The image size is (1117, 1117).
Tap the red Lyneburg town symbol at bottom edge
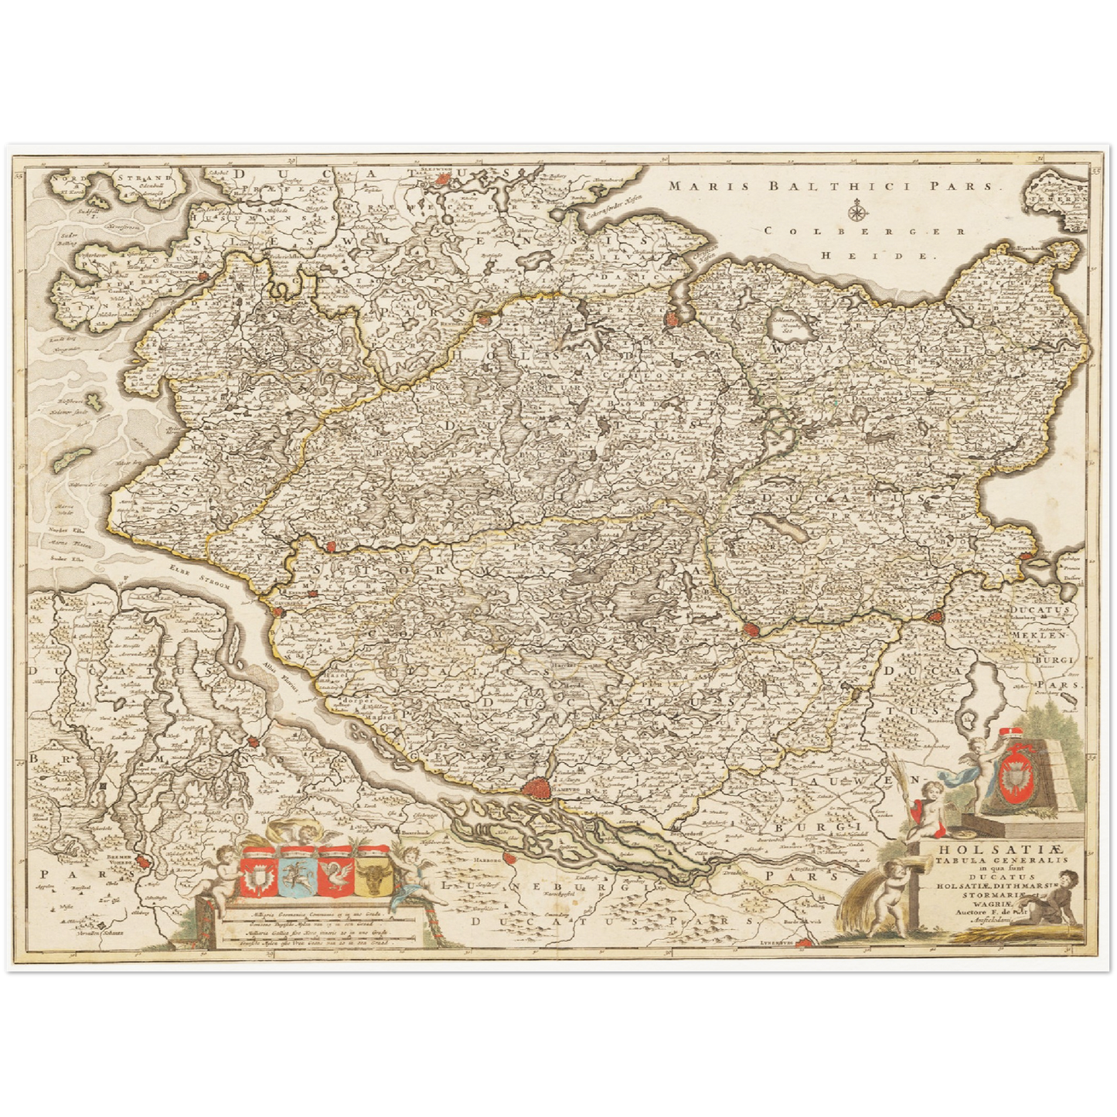[805, 942]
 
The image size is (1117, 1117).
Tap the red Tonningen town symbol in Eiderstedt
[203, 274]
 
